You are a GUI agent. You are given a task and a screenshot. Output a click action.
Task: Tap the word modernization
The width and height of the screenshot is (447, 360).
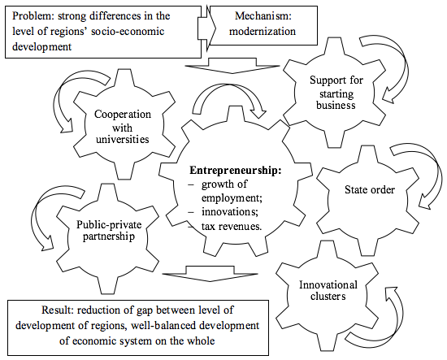pos(263,31)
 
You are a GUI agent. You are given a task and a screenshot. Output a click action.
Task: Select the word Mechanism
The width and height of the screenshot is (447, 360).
pos(263,16)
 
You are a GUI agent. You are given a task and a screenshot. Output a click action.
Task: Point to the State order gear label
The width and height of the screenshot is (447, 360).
pos(370,190)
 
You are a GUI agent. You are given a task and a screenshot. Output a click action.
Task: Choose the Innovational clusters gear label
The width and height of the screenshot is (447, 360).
pos(328,290)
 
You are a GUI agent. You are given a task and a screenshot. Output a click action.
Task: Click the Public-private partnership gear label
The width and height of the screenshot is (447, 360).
pos(109,230)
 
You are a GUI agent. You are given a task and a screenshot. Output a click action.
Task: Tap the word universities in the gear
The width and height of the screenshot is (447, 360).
pos(122,140)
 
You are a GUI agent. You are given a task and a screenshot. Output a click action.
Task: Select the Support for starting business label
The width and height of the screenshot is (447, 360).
pos(336,93)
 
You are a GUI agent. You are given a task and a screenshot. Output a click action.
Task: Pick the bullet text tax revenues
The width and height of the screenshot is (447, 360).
pos(231,226)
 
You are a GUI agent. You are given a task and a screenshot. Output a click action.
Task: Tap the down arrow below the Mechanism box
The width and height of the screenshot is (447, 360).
pos(232,66)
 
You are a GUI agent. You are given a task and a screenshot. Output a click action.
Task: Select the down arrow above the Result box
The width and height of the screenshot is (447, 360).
pos(210,274)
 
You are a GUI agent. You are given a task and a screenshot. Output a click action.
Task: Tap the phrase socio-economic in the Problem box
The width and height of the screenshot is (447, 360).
pos(128,31)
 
